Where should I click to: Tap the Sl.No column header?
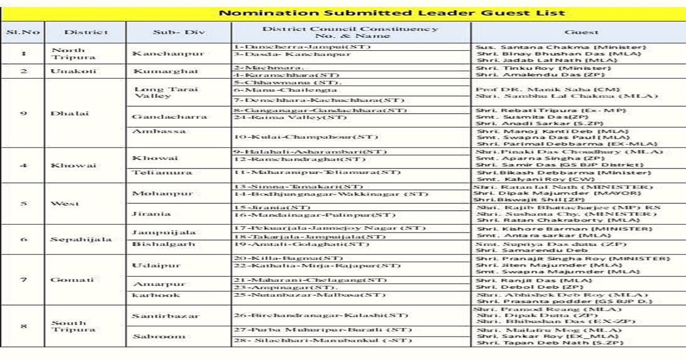[23, 33]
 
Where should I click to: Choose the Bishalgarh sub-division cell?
[163, 244]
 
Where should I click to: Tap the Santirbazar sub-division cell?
[166, 316]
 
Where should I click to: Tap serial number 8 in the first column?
[23, 326]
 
